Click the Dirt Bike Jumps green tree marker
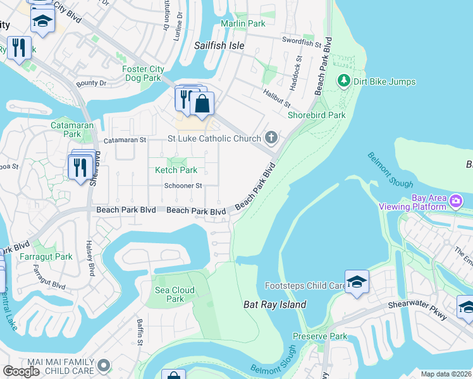pyautogui.click(x=343, y=81)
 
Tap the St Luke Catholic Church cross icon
pyautogui.click(x=271, y=138)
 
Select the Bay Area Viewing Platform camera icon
pyautogui.click(x=456, y=201)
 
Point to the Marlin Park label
pyautogui.click(x=243, y=23)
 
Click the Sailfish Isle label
pyautogui.click(x=218, y=46)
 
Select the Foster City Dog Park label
pyautogui.click(x=143, y=74)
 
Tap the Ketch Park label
pyautogui.click(x=176, y=170)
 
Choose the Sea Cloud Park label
pyautogui.click(x=175, y=294)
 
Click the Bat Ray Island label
pyautogui.click(x=274, y=304)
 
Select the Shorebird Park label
pyautogui.click(x=316, y=115)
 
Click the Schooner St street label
pyautogui.click(x=183, y=186)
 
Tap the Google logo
pyautogui.click(x=21, y=371)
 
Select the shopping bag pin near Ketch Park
pyautogui.click(x=202, y=104)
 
